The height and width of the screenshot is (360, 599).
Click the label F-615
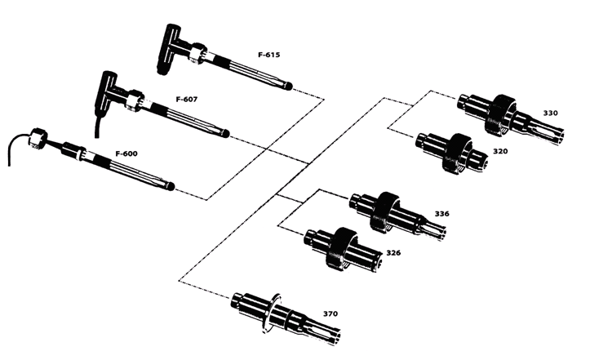click(268, 55)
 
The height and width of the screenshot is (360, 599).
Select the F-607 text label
click(187, 99)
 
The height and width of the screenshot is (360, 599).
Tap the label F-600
click(126, 153)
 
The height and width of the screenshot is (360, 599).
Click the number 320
click(500, 152)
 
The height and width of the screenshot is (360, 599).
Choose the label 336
click(441, 214)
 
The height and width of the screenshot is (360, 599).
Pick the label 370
click(331, 313)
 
